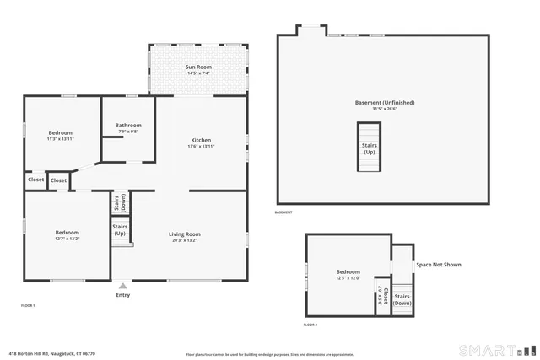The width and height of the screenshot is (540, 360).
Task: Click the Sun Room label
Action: [198, 67]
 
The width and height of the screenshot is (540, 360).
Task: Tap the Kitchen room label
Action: [201, 140]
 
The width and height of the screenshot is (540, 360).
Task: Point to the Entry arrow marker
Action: [123, 286]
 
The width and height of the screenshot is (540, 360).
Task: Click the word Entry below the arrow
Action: [123, 295]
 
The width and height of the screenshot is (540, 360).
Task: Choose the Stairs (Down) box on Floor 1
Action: [121, 203]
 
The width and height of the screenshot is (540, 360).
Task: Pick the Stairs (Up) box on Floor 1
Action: [120, 229]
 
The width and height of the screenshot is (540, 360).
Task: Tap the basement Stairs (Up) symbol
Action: [370, 148]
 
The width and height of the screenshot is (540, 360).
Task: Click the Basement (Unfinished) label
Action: [384, 103]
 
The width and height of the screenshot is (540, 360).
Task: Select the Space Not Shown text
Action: [439, 265]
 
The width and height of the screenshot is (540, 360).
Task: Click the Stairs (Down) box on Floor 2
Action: [402, 298]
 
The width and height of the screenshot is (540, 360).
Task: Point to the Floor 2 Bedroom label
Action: [348, 271]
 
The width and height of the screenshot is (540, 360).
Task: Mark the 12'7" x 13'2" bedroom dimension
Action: [67, 239]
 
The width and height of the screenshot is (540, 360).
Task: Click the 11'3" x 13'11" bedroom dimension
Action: [60, 139]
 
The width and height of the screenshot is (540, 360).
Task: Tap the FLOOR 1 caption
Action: [28, 305]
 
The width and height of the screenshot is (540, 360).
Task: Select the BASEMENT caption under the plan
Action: [283, 212]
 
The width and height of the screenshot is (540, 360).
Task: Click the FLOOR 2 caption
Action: [310, 325]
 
